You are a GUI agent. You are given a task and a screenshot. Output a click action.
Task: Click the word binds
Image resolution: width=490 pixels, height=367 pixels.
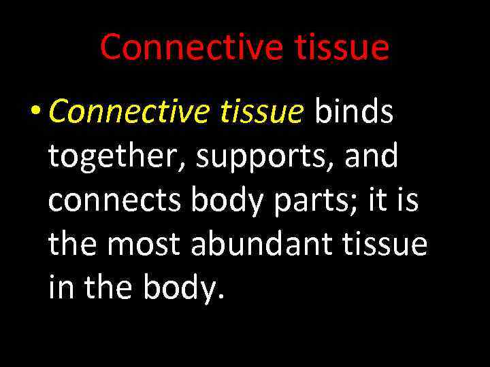[353, 112]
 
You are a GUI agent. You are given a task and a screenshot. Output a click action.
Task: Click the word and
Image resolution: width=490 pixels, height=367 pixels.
[372, 156]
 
